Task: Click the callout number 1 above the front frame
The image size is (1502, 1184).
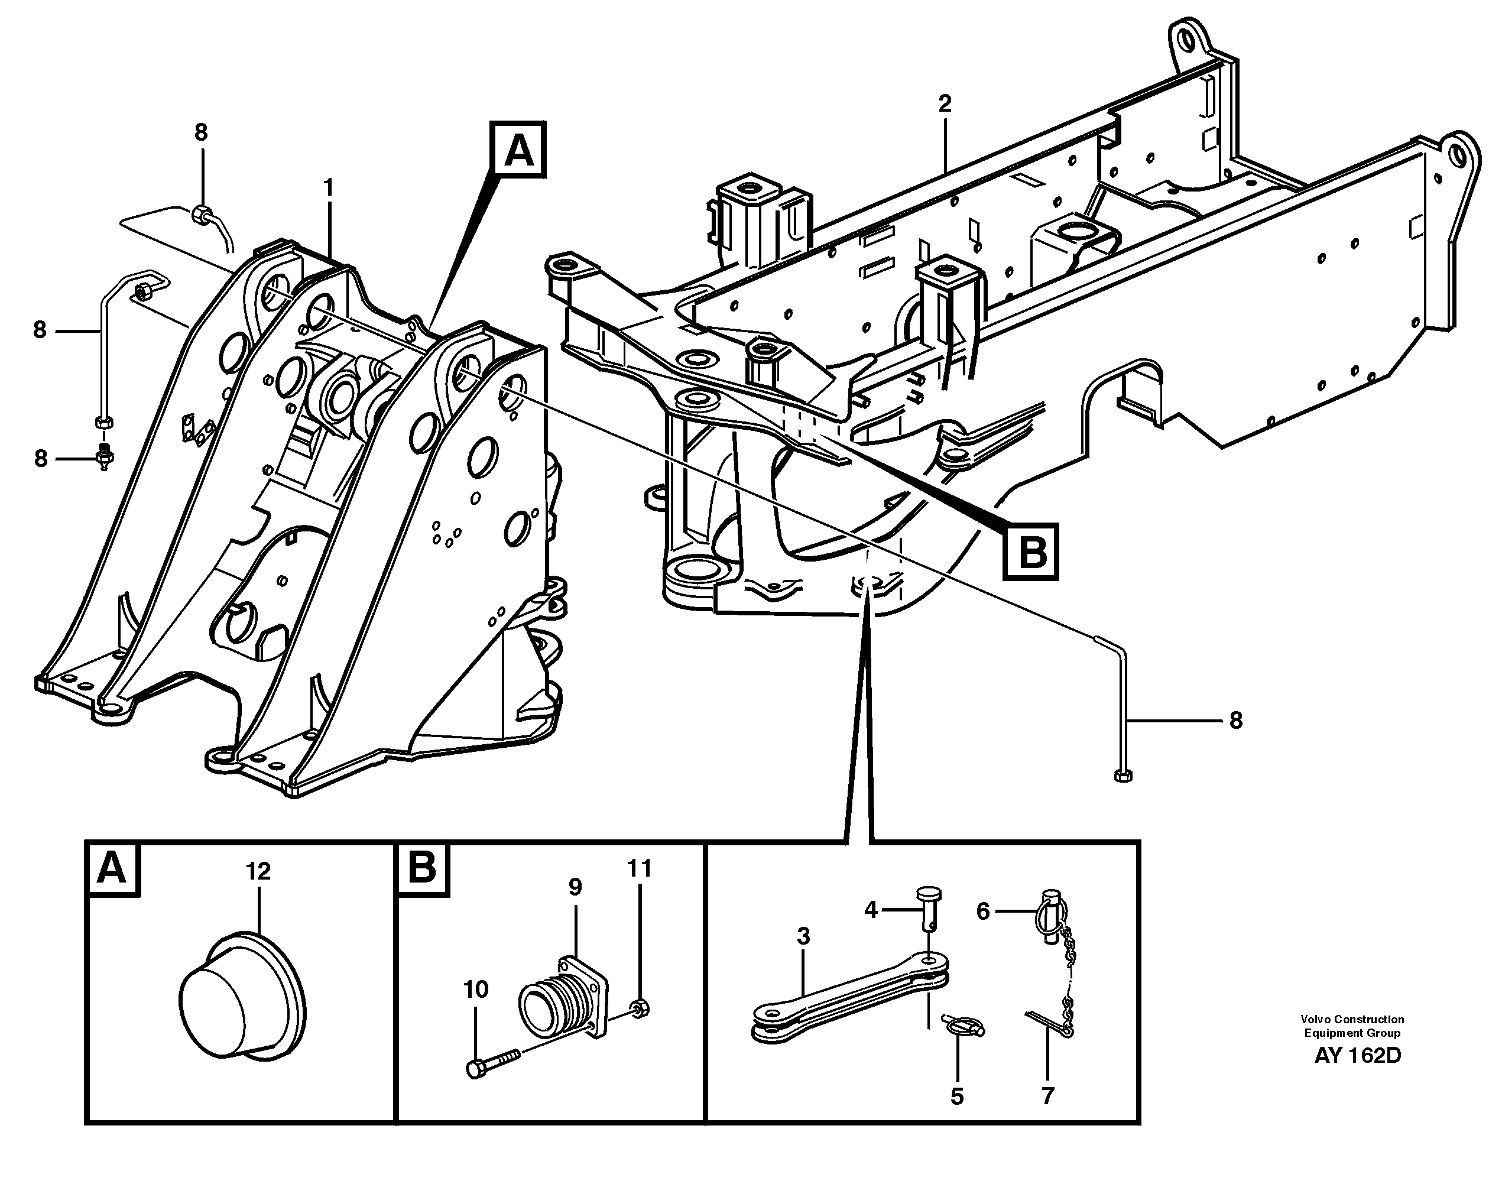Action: coord(328,187)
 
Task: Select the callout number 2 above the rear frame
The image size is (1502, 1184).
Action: coord(945,104)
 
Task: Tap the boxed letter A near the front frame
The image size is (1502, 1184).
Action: coord(518,150)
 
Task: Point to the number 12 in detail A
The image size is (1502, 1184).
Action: coord(258,871)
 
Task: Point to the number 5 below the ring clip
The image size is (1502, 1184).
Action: coord(957,1097)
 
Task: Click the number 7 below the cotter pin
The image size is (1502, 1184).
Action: coord(1047,1096)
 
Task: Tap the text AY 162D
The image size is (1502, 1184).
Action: coord(1357,1056)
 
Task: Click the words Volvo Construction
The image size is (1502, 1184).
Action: coord(1352,1019)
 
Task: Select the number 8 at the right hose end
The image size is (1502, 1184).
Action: coord(1236,721)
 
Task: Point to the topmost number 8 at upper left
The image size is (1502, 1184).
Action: coord(201,132)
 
